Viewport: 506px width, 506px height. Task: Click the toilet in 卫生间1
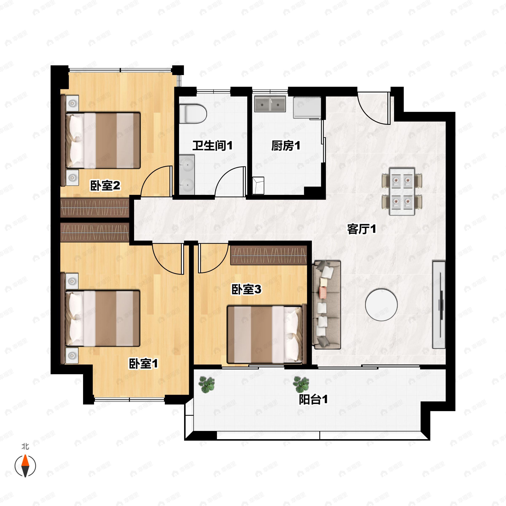[193, 114]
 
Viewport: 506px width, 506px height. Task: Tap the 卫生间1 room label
[212, 146]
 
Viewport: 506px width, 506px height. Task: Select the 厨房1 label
[286, 146]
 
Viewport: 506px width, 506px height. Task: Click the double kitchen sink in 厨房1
[270, 104]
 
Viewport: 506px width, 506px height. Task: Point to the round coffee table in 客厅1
[381, 305]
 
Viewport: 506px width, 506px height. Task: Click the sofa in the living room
[326, 305]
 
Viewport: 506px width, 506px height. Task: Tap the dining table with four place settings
[402, 191]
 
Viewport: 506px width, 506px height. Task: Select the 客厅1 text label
[361, 229]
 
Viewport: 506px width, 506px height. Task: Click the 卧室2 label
[105, 186]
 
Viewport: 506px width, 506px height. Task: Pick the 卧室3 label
[246, 289]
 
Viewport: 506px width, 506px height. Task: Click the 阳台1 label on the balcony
[313, 400]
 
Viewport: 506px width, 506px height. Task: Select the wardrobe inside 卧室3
[268, 255]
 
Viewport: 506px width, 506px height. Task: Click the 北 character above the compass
[25, 446]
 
